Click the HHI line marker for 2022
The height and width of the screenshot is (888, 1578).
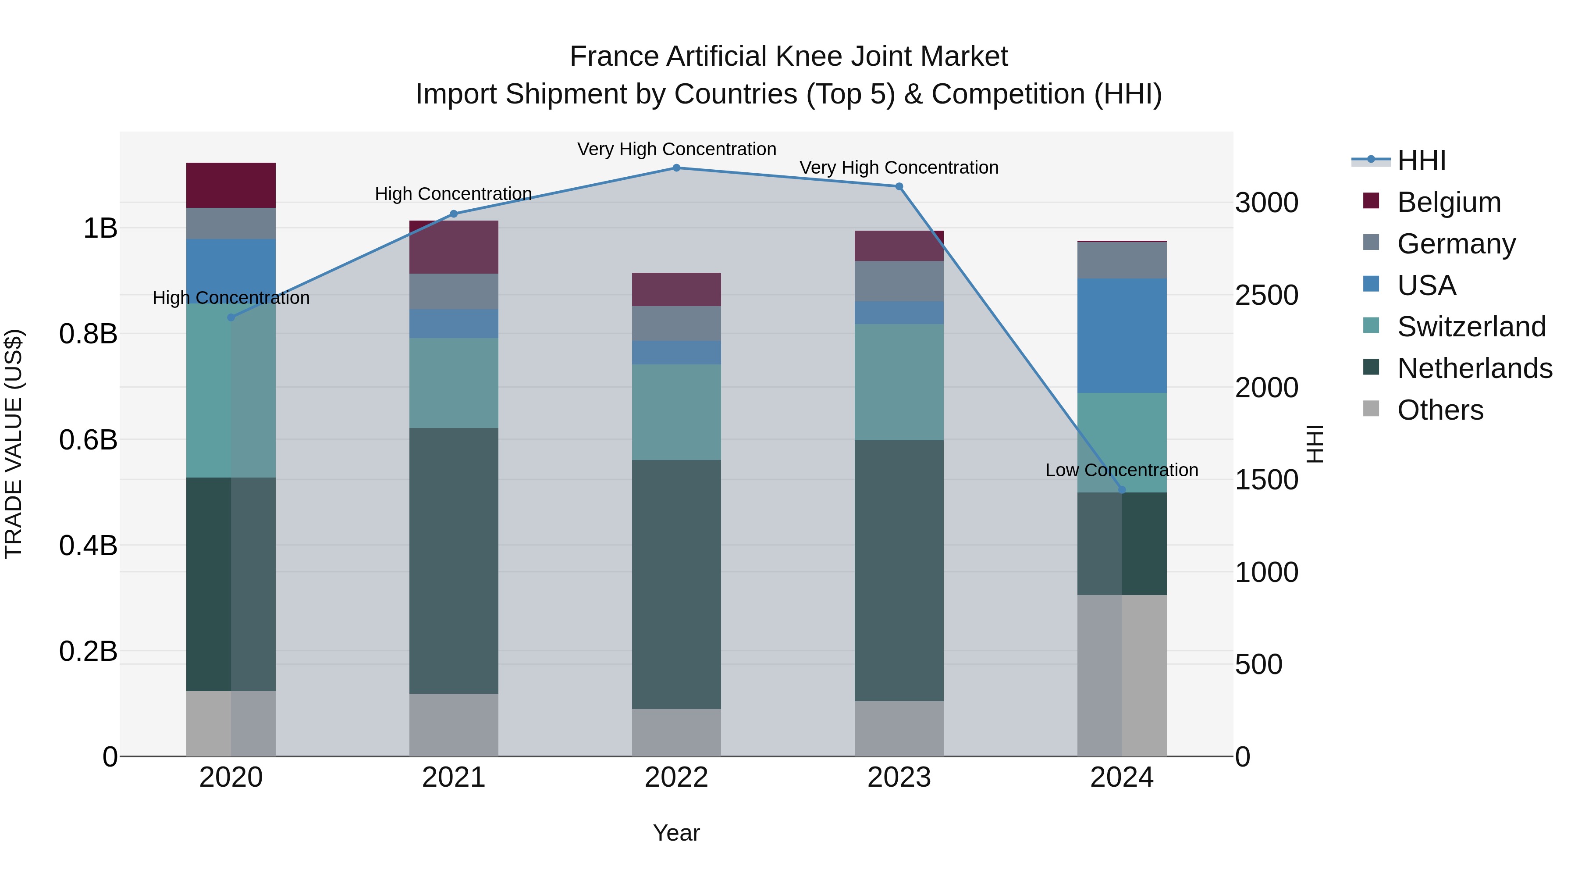676,168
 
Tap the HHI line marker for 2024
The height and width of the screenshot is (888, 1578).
1122,490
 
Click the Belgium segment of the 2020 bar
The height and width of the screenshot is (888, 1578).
231,185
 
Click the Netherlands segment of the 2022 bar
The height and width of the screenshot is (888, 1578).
676,584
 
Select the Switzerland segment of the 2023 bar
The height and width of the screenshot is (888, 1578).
899,382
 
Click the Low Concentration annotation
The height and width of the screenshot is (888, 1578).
1122,470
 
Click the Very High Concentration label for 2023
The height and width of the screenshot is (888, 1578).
899,168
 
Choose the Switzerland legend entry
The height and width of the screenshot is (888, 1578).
1471,327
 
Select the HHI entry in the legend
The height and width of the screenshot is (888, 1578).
1421,160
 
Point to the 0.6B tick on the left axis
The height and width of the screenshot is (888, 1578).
88,439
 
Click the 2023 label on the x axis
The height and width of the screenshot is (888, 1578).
899,777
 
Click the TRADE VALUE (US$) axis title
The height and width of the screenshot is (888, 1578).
14,444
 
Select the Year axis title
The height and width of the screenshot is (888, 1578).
676,833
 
